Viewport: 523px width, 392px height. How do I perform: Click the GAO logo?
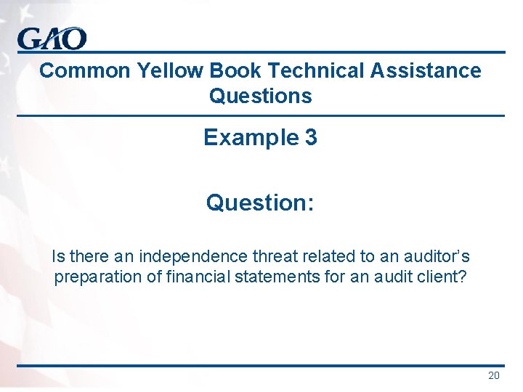(52, 38)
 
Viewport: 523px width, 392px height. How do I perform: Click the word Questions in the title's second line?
(260, 96)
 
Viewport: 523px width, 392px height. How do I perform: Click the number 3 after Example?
(311, 138)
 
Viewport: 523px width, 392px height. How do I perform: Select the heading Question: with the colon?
(260, 203)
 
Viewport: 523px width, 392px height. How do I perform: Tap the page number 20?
(494, 375)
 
